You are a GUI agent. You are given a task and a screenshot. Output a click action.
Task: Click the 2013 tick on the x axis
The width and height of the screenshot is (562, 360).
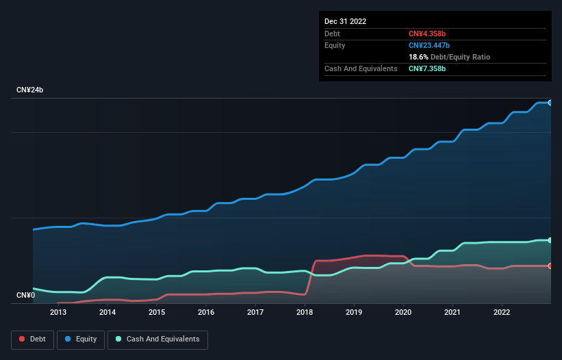58,313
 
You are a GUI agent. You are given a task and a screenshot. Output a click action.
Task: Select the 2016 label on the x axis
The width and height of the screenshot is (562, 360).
206,313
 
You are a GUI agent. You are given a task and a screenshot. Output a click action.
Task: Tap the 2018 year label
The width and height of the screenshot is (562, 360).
305,313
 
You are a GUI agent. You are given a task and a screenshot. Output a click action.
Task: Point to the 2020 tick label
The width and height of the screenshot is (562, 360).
403,313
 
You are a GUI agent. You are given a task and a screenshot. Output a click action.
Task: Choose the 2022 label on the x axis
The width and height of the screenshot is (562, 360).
502,313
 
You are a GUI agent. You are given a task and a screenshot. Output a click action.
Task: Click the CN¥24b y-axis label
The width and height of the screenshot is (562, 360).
30,90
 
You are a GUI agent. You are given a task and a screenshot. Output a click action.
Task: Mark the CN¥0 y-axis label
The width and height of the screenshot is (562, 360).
25,296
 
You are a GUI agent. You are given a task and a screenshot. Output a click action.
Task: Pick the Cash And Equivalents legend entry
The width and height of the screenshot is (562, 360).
157,339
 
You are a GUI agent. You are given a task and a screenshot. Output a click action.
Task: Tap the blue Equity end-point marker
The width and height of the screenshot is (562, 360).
550,103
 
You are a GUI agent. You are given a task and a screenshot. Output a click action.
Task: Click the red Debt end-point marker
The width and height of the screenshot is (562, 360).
550,266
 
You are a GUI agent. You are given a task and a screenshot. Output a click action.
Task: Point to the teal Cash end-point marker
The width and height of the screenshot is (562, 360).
550,240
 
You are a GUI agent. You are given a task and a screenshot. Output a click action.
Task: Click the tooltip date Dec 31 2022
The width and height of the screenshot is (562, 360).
346,21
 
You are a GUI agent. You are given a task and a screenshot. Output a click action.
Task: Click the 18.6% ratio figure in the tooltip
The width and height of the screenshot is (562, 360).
418,57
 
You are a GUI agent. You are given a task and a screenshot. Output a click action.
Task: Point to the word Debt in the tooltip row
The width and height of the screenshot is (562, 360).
332,34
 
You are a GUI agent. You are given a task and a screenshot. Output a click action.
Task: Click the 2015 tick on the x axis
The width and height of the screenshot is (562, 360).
157,313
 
